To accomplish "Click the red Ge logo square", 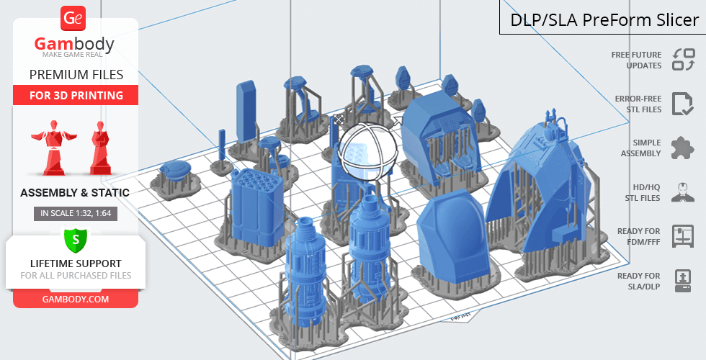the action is [x=73, y=19].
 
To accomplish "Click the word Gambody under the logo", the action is [x=74, y=44].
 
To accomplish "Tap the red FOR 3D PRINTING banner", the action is [x=76, y=95].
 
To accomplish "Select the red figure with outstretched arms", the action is [x=53, y=147].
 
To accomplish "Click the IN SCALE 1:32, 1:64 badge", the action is [x=76, y=213].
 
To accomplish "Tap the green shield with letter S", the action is [x=75, y=240].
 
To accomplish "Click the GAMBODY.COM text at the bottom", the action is [x=76, y=300].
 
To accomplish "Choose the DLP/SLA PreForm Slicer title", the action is [x=604, y=20].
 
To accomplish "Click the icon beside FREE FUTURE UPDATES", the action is [x=684, y=60].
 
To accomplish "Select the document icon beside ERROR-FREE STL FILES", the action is [x=683, y=104].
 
